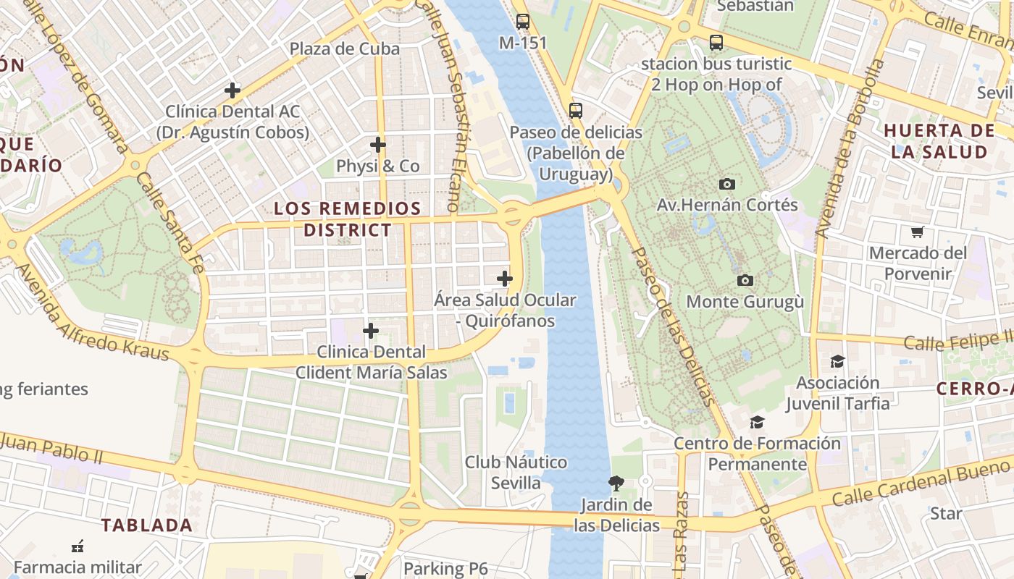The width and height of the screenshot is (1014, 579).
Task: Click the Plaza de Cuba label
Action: point(344,48)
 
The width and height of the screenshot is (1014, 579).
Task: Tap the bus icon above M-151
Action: point(523,22)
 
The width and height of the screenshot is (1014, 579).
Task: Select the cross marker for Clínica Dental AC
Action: point(232,90)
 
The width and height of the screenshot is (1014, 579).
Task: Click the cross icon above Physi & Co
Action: point(378,145)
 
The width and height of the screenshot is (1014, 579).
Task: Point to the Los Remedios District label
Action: point(347,219)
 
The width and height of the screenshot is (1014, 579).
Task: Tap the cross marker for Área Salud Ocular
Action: point(505,279)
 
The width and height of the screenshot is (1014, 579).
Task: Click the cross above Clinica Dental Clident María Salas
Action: point(371,331)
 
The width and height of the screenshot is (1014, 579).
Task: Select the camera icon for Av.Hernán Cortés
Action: point(726,185)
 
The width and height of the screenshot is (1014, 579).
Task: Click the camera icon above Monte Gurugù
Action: point(745,280)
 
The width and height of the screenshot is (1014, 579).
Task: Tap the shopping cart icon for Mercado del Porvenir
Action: point(918,232)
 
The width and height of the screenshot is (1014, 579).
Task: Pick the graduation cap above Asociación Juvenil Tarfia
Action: point(837,361)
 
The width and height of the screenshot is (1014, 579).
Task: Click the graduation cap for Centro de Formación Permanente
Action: point(757,422)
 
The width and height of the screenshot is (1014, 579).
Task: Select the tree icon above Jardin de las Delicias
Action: point(616,483)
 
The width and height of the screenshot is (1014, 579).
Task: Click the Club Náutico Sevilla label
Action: point(516,472)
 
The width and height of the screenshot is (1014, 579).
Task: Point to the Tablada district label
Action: point(147,525)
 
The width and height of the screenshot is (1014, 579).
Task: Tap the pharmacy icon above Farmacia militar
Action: point(77,546)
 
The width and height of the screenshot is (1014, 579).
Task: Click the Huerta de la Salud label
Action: point(939,141)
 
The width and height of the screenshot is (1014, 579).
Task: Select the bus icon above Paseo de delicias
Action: point(576,111)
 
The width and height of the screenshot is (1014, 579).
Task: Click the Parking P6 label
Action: point(445,569)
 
